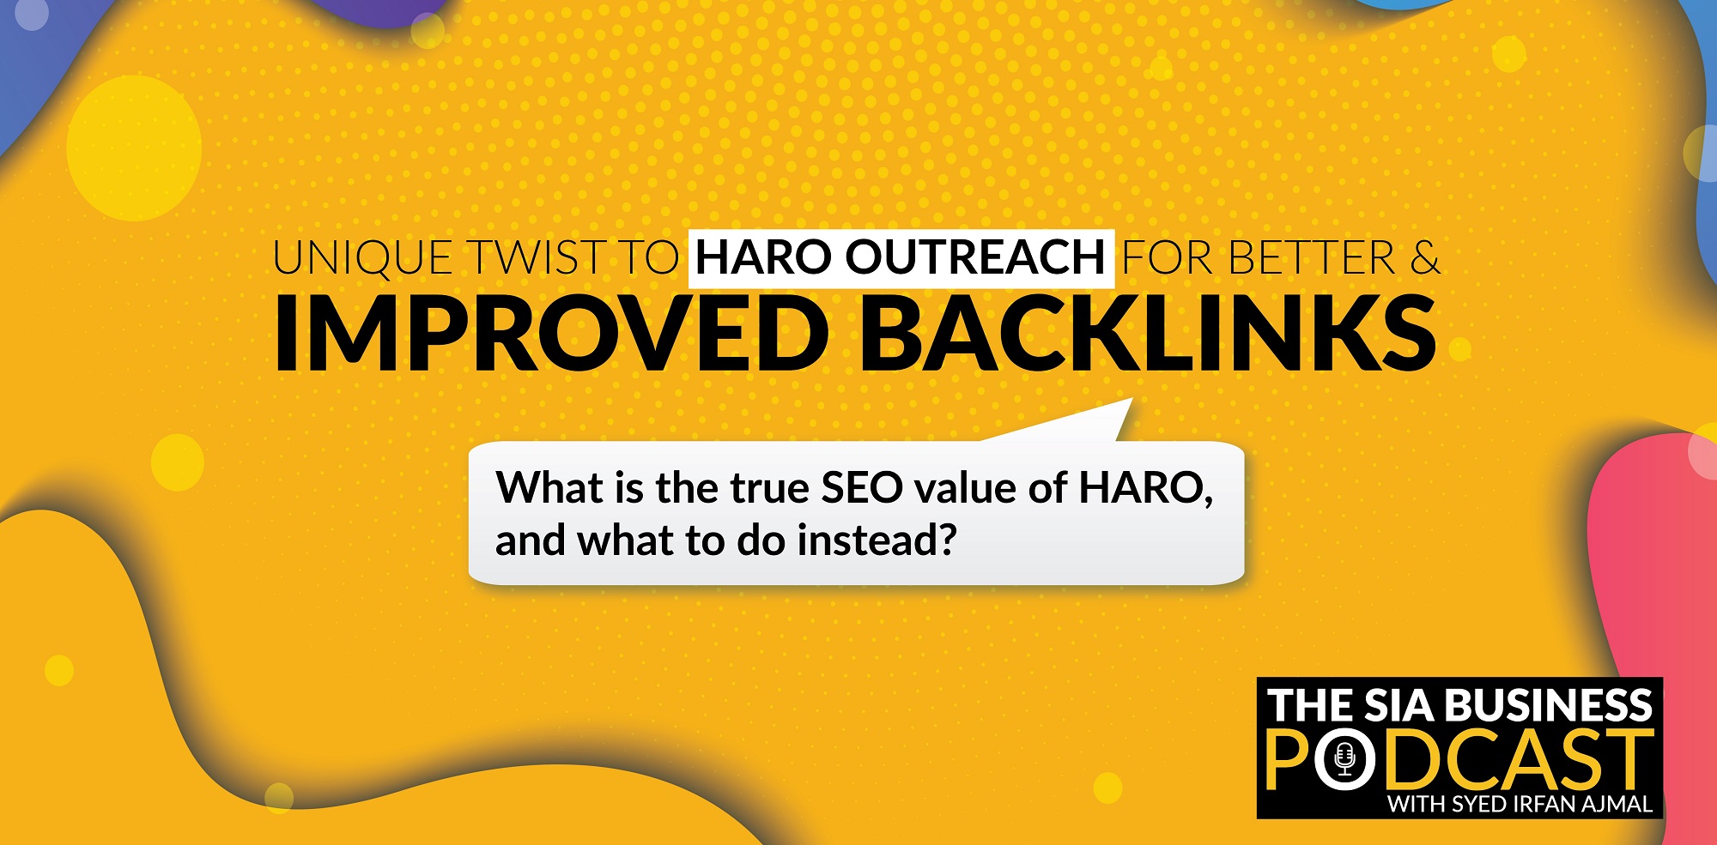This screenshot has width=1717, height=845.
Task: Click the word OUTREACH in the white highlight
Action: pyautogui.click(x=975, y=257)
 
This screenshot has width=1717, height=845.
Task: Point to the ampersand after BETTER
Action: pyautogui.click(x=1425, y=258)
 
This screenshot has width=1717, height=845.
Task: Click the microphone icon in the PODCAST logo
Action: pyautogui.click(x=1345, y=758)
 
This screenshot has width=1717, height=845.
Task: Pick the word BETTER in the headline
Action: pyautogui.click(x=1313, y=258)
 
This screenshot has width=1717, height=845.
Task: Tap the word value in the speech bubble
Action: pyautogui.click(x=966, y=488)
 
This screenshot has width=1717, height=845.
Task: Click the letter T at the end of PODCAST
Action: pyautogui.click(x=1629, y=759)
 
